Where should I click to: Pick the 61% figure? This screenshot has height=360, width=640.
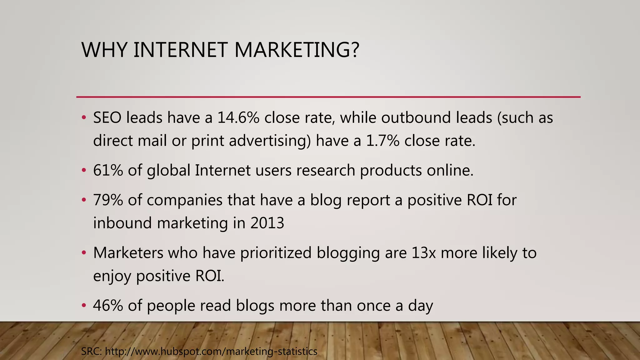[108, 171]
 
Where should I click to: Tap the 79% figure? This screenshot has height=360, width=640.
[108, 200]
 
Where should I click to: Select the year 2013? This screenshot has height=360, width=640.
[267, 223]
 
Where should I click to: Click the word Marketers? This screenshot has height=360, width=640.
[128, 253]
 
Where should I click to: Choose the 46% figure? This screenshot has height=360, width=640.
[108, 306]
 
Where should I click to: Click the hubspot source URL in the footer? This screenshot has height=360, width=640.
[211, 352]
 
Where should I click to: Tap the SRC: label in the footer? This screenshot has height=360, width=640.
[91, 352]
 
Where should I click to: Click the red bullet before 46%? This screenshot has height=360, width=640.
[83, 305]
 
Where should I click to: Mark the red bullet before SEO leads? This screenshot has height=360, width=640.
[83, 118]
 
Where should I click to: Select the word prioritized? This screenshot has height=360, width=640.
[276, 253]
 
